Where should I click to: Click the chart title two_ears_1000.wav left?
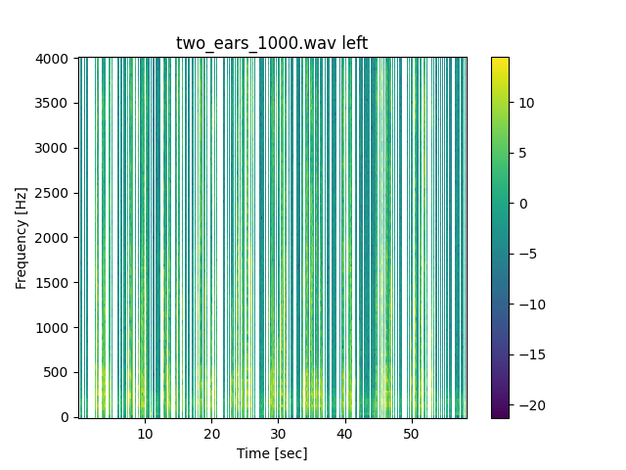pos(272,43)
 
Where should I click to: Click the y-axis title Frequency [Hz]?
pos(22,238)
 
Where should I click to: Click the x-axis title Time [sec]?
pos(272,454)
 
